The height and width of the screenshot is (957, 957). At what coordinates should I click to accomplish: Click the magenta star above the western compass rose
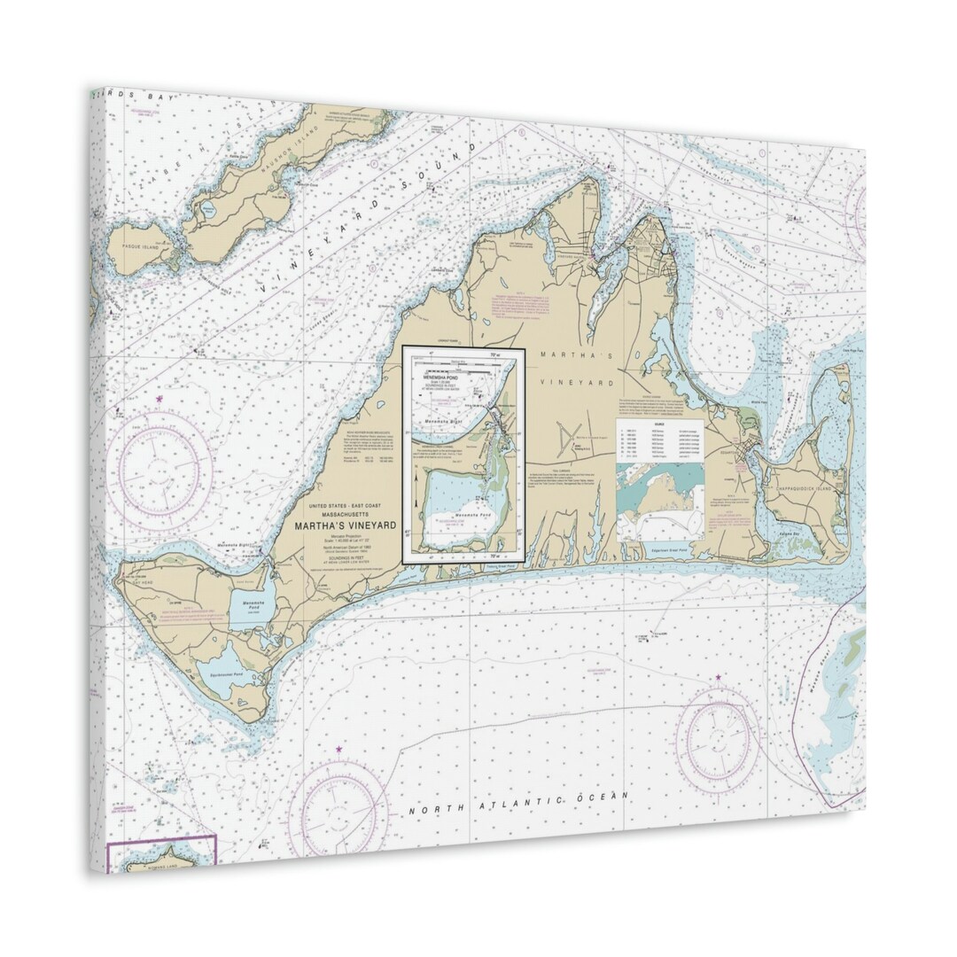click(159, 401)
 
